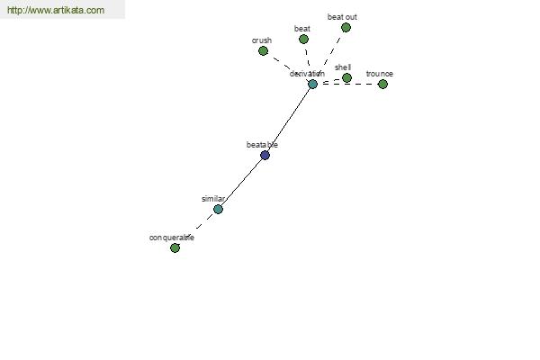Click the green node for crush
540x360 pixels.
point(263,51)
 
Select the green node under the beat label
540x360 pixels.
point(303,40)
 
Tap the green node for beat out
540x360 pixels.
point(346,28)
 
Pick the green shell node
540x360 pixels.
point(346,78)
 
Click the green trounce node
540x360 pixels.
point(382,84)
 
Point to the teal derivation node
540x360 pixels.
point(312,84)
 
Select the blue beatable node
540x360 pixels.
point(265,156)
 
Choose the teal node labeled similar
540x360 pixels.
point(218,209)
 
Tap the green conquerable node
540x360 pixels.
point(175,248)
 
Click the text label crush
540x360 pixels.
point(262,40)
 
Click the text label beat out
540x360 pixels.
point(342,17)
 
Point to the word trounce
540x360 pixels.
point(380,74)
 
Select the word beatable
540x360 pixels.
point(262,145)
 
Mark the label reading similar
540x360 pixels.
point(213,199)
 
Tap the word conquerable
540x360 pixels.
point(172,238)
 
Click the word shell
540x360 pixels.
point(343,67)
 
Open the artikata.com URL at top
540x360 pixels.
point(56,10)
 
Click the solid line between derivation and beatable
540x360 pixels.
point(289,120)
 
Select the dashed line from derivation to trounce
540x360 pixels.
point(347,84)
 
